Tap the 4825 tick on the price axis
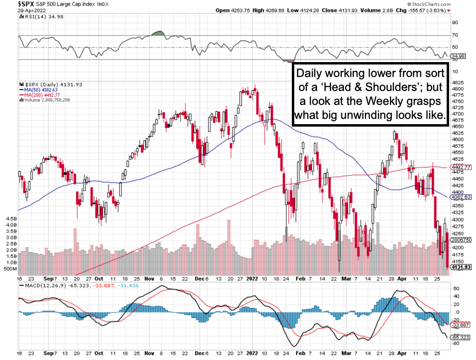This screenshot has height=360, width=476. pos(458,83)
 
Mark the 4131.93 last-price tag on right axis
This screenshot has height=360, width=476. pos(461,267)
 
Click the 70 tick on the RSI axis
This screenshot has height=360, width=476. pos(454,35)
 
